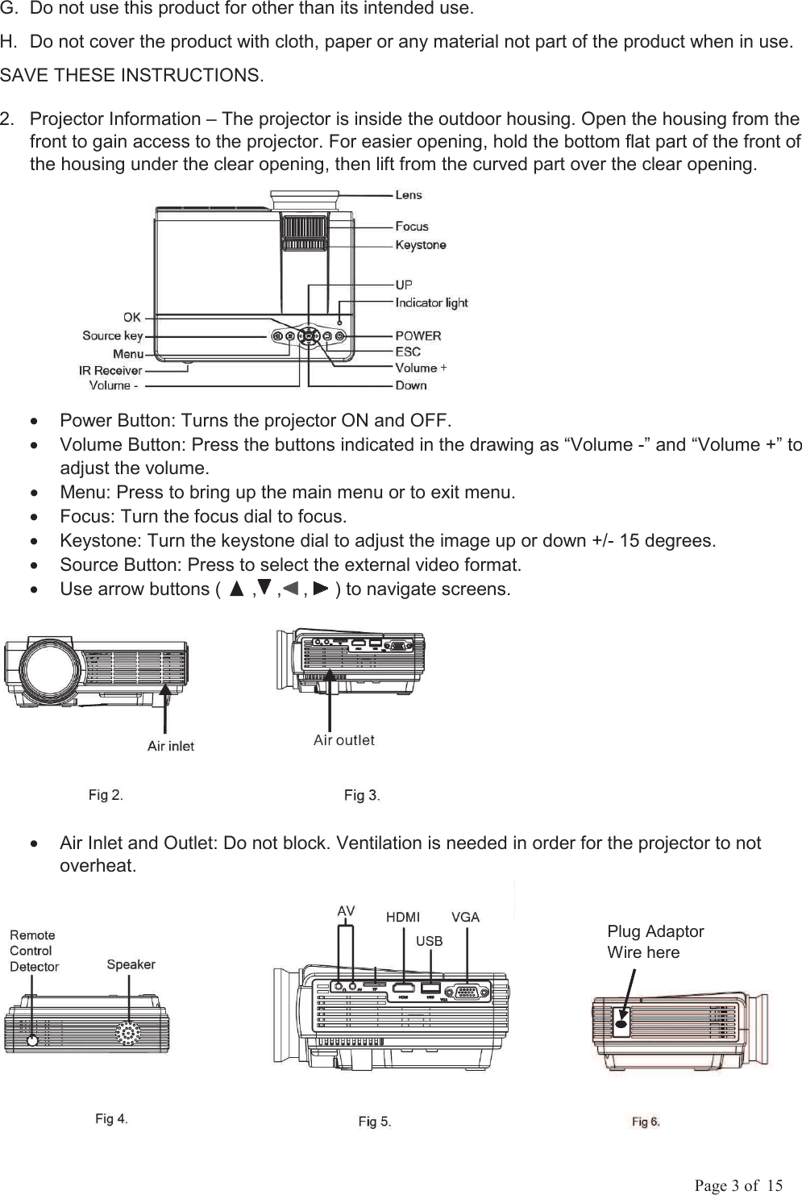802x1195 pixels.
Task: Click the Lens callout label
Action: pos(408,195)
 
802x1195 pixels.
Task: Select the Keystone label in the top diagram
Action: pos(420,245)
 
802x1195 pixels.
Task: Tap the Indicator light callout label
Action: pos(431,303)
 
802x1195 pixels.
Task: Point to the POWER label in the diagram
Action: pos(418,335)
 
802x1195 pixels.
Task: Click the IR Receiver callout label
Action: pos(110,371)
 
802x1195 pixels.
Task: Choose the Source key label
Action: pos(113,335)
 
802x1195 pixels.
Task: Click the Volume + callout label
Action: pos(421,368)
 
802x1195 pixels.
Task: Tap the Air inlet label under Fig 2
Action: pos(170,747)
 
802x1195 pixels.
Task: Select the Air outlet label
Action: pos(343,740)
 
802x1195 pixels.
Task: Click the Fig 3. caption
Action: pos(362,797)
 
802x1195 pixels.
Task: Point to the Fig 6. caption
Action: pos(646,1122)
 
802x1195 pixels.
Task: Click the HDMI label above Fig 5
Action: pos(402,917)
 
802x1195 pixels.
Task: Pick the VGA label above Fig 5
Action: pos(465,917)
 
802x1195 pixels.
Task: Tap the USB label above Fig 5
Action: pos(429,941)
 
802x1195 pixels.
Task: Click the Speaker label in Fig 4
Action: pos(131,964)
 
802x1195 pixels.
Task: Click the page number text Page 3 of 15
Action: pos(739,1185)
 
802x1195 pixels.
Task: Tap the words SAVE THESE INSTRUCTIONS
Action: pos(131,77)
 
